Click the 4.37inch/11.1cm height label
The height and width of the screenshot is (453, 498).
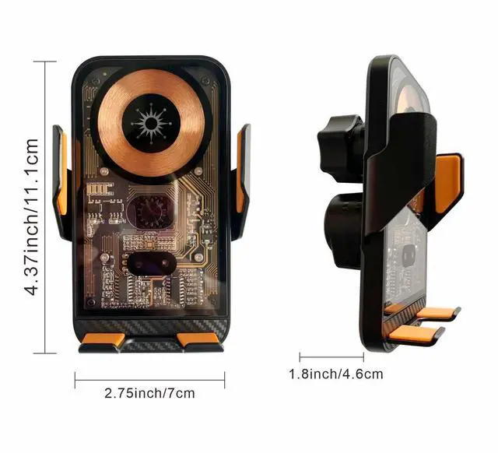(x=32, y=217)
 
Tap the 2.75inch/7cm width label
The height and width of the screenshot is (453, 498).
(x=149, y=393)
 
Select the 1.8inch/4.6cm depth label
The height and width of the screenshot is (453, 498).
(x=336, y=374)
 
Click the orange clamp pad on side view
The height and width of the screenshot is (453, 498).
(x=447, y=181)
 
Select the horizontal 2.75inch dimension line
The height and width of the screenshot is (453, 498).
(x=149, y=379)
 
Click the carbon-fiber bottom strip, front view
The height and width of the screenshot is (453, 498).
(x=149, y=321)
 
